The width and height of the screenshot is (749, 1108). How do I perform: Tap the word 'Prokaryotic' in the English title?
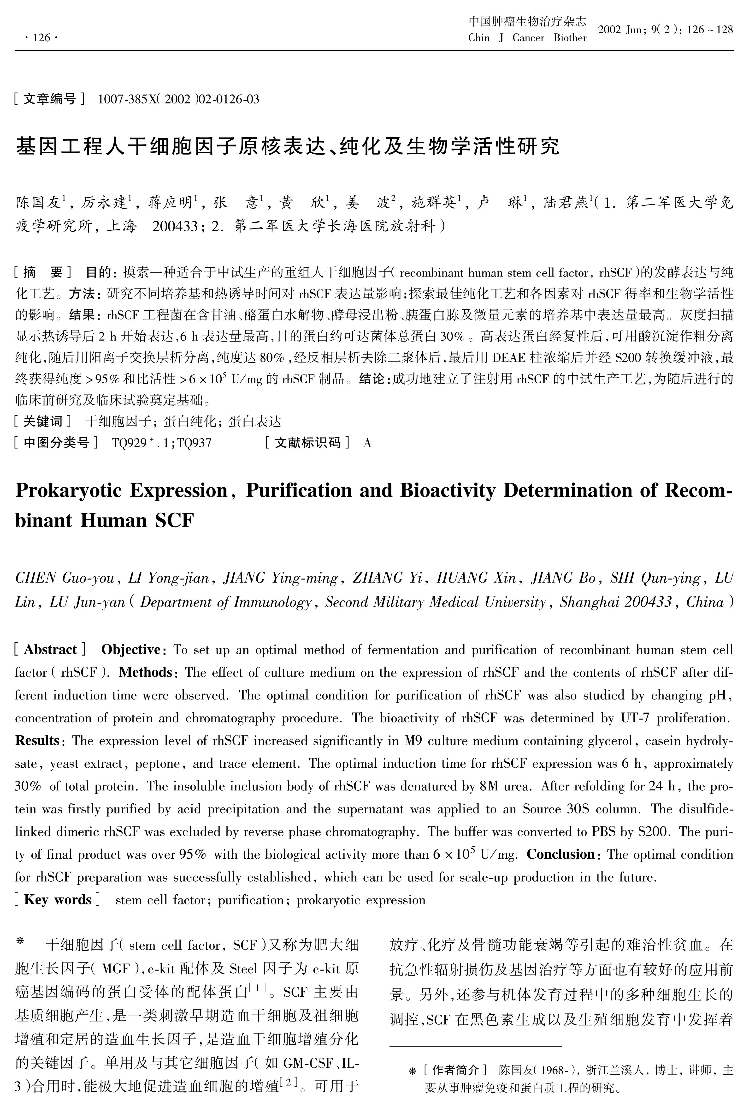click(68, 491)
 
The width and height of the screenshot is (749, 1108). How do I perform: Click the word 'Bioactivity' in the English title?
click(448, 491)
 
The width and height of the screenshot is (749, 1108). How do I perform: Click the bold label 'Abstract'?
click(51, 649)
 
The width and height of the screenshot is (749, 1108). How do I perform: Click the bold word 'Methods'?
click(145, 672)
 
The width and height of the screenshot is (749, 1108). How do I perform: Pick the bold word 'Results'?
click(37, 741)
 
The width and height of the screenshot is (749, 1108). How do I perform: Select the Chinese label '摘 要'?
click(43, 272)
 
